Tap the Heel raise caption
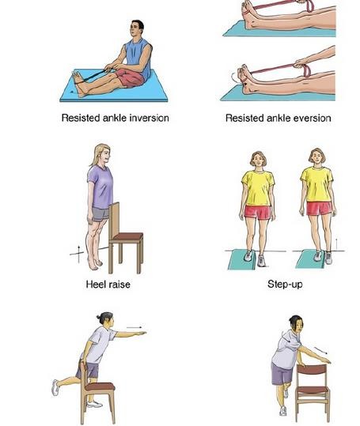point(108,285)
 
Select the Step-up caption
point(285,285)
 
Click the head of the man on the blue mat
point(137,28)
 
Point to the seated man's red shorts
point(131,77)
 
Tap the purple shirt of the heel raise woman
point(100,187)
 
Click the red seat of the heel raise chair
point(128,236)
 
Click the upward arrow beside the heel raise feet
point(79,254)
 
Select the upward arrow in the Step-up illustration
point(336,244)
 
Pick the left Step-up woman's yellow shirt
point(258,188)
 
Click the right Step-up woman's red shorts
point(320,209)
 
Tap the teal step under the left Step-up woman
point(241,259)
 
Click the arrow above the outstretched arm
point(135,327)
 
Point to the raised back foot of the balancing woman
point(55,387)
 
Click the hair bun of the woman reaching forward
point(98,317)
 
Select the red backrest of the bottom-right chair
point(312,371)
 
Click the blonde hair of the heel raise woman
point(98,154)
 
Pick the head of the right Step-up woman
point(317,157)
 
